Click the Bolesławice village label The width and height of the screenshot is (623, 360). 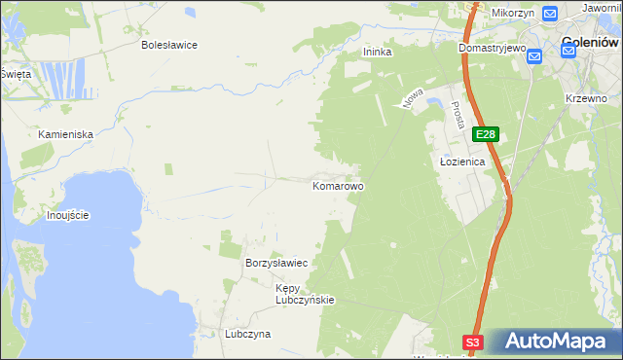point(169,45)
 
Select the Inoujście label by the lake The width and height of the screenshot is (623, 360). point(68,214)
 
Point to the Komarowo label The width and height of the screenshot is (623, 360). point(338,185)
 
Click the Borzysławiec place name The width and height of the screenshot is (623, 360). point(276,264)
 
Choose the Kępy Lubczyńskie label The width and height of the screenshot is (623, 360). point(305,294)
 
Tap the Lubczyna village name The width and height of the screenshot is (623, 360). point(247,334)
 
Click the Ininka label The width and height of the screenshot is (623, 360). point(377,53)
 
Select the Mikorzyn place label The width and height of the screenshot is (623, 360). point(514,13)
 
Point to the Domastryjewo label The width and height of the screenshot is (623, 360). point(493,47)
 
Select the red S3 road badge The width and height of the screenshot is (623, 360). point(472,342)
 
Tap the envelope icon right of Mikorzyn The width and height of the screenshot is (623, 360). point(549,13)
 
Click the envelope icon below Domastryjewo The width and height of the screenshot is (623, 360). point(534,57)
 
